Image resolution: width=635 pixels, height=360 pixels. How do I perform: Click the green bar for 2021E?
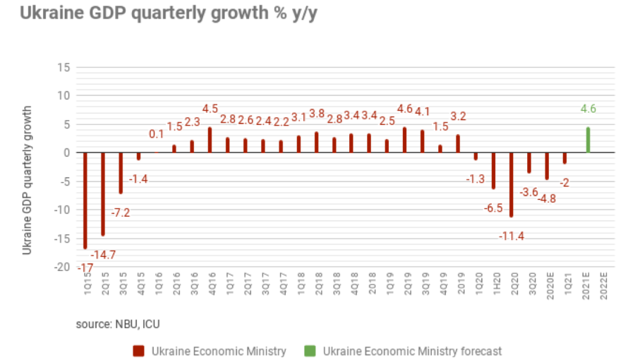[588, 140]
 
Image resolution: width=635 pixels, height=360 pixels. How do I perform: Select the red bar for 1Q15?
[85, 200]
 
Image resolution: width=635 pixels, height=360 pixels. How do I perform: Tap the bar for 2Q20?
[512, 185]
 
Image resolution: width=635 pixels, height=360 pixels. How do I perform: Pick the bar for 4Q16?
[210, 140]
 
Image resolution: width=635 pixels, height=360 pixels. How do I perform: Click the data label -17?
[85, 268]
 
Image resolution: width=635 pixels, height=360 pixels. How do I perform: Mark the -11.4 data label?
[512, 236]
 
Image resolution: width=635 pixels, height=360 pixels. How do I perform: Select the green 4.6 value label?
[588, 109]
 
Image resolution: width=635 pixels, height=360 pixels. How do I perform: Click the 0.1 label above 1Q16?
[157, 134]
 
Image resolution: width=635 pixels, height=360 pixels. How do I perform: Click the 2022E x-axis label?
[605, 289]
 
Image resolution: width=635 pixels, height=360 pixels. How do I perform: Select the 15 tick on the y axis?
[64, 68]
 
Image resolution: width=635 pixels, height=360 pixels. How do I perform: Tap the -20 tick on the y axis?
[62, 267]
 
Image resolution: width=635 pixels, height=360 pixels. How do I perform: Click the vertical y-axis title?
[28, 181]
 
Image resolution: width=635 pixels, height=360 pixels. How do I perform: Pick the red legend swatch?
[137, 351]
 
